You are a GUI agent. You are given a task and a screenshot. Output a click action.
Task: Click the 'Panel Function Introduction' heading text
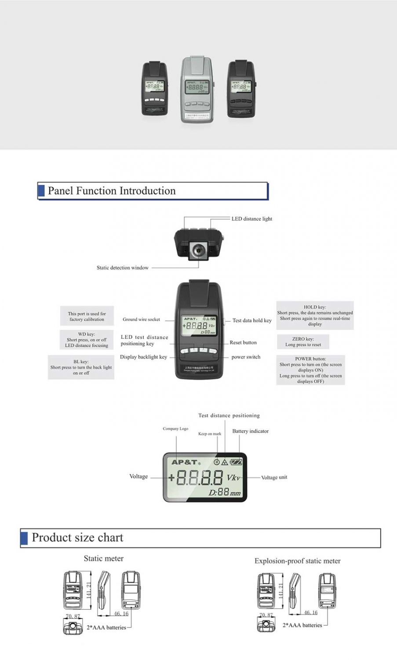(x=112, y=191)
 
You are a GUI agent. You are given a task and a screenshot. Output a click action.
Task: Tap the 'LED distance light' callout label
(x=251, y=219)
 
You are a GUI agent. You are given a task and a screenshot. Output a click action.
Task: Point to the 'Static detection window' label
(x=122, y=268)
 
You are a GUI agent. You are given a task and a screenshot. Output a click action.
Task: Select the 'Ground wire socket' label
(x=141, y=319)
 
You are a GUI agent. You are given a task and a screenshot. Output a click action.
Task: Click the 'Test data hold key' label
(x=251, y=320)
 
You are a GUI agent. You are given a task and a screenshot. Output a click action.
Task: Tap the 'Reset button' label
(x=243, y=342)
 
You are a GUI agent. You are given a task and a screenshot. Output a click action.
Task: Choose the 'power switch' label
(x=246, y=357)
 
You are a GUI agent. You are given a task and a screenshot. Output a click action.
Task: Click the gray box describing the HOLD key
(x=315, y=315)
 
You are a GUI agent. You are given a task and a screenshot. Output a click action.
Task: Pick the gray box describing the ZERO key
(x=303, y=342)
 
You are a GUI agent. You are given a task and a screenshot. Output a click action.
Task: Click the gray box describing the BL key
(x=81, y=367)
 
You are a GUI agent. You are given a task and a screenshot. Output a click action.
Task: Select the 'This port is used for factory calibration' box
(x=87, y=316)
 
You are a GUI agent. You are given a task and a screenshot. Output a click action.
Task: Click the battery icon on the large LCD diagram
(x=236, y=462)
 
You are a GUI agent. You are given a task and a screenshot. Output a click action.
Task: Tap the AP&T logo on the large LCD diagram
(x=185, y=462)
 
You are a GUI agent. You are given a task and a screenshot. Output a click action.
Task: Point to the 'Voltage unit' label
(x=274, y=477)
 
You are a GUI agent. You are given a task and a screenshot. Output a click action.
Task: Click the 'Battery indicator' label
(x=250, y=431)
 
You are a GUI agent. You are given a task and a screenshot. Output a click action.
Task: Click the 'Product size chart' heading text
(x=77, y=538)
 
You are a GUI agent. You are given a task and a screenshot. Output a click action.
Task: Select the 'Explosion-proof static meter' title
(x=297, y=561)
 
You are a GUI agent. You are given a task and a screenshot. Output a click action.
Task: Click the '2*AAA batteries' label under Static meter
(x=106, y=627)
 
